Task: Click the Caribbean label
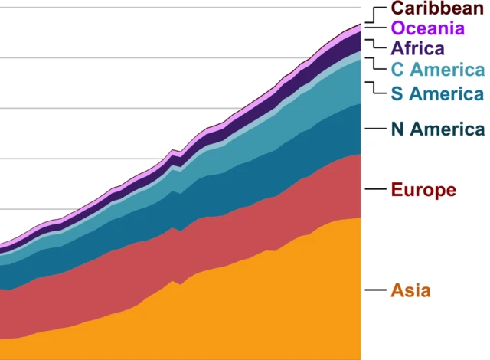tap(437, 8)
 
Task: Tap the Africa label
tap(417, 49)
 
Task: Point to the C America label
tap(437, 70)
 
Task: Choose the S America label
tap(437, 94)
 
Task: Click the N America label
tap(437, 129)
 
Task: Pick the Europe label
tap(423, 189)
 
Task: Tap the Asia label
tap(411, 290)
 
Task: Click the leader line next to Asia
tap(374, 290)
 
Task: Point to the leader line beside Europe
tap(374, 189)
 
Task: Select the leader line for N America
tap(374, 129)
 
